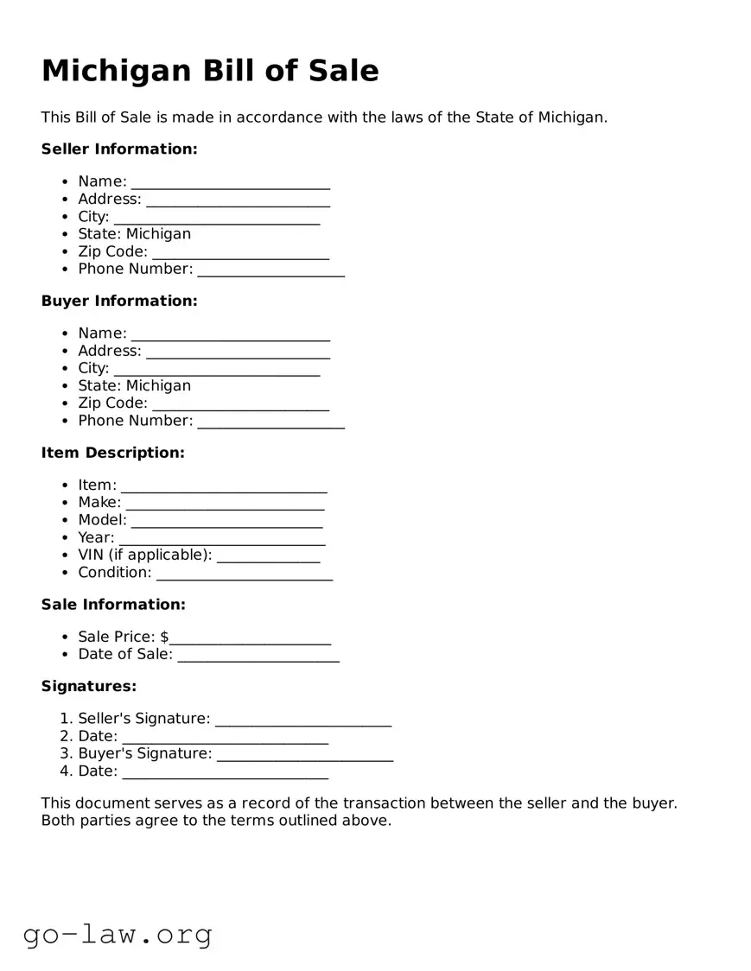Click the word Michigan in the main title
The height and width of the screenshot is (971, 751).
click(117, 71)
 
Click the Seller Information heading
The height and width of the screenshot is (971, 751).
click(119, 149)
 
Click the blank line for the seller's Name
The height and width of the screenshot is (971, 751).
click(230, 183)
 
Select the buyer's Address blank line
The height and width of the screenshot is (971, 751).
click(238, 352)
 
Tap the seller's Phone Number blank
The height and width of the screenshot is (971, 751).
click(270, 270)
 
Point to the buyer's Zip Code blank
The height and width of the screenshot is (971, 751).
click(240, 404)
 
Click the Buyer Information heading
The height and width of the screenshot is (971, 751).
click(119, 301)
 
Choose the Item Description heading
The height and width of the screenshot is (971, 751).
click(113, 453)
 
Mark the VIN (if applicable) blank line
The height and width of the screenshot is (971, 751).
click(268, 556)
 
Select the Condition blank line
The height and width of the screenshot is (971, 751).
click(244, 574)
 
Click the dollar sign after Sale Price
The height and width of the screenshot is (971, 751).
click(164, 638)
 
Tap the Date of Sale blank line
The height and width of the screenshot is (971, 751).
click(258, 656)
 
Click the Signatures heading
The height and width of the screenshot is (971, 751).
click(89, 687)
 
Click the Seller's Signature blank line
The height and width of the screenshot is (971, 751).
click(302, 720)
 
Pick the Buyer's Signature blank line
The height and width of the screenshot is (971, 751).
click(304, 755)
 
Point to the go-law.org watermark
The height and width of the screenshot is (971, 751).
click(118, 935)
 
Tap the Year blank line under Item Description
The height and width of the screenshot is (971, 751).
click(221, 539)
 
